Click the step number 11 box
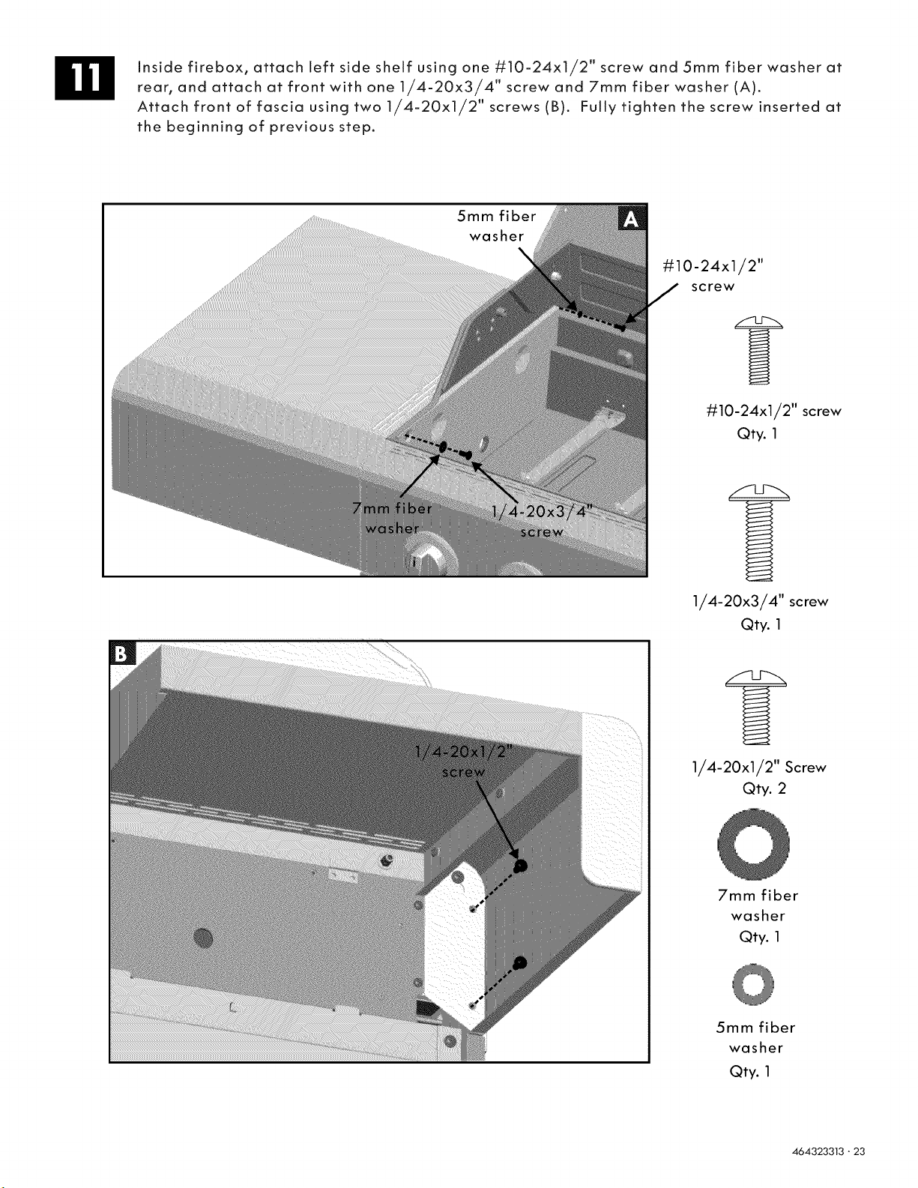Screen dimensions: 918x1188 pyautogui.click(x=85, y=78)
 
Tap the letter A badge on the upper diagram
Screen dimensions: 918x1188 pyautogui.click(x=632, y=219)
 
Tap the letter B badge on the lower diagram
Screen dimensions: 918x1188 pyautogui.click(x=122, y=654)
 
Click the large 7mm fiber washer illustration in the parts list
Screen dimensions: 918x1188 pyautogui.click(x=754, y=844)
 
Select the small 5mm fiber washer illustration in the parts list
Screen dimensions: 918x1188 pyautogui.click(x=753, y=985)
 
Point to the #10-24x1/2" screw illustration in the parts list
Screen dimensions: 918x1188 pyautogui.click(x=758, y=350)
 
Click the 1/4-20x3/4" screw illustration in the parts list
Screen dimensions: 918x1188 pyautogui.click(x=759, y=532)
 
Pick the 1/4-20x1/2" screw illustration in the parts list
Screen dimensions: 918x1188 pyautogui.click(x=756, y=707)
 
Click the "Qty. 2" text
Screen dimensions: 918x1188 pyautogui.click(x=764, y=789)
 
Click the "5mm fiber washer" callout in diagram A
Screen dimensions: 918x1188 pyautogui.click(x=497, y=226)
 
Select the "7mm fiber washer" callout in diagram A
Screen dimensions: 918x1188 pyautogui.click(x=393, y=518)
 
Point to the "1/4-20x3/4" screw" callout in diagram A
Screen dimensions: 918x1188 pyautogui.click(x=542, y=522)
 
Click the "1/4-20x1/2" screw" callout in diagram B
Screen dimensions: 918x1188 pyautogui.click(x=464, y=762)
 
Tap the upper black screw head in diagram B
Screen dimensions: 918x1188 pyautogui.click(x=520, y=866)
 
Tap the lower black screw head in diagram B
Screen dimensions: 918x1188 pyautogui.click(x=520, y=962)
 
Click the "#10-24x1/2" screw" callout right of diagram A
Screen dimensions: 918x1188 pyautogui.click(x=713, y=276)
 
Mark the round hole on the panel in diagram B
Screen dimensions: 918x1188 pyautogui.click(x=203, y=938)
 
